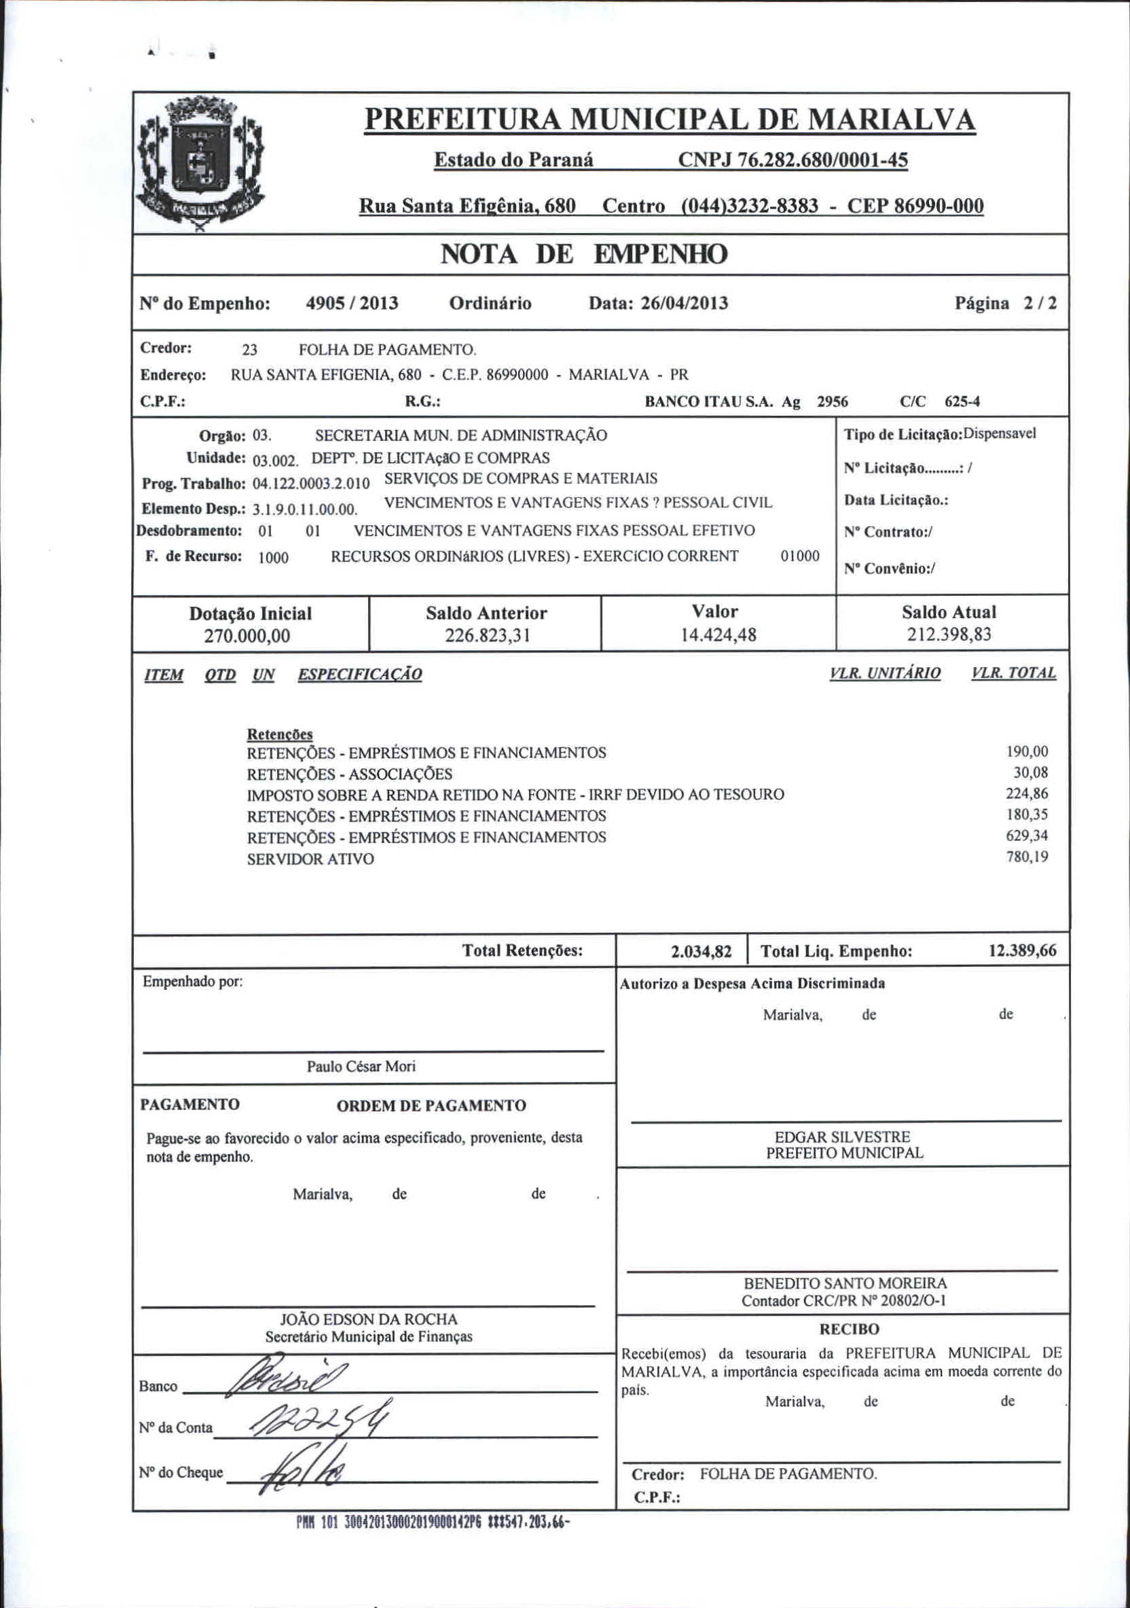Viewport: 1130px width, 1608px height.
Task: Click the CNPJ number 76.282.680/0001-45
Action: coord(792,160)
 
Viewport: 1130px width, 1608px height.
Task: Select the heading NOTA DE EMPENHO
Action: coord(584,253)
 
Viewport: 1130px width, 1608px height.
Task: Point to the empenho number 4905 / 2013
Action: coord(352,303)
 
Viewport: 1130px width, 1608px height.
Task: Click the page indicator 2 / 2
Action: coord(1040,303)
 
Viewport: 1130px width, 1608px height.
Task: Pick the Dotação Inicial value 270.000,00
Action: coord(247,636)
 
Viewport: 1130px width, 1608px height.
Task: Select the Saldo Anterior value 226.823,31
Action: coord(488,635)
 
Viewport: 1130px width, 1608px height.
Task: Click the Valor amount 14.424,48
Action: coord(718,635)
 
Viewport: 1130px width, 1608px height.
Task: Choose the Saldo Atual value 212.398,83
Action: coord(949,635)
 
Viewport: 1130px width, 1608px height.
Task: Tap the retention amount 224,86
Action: coord(1027,793)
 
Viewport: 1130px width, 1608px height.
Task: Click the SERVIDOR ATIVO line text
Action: coord(310,859)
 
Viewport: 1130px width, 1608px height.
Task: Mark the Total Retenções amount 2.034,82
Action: coord(701,951)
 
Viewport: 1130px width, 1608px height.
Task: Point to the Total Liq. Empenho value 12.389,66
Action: coord(1022,950)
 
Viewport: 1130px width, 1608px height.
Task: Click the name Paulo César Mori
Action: coord(361,1066)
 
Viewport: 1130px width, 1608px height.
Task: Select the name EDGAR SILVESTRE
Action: coord(842,1137)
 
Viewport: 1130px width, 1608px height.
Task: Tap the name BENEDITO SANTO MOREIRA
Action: coord(845,1283)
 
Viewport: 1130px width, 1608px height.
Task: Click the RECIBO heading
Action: coord(849,1329)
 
